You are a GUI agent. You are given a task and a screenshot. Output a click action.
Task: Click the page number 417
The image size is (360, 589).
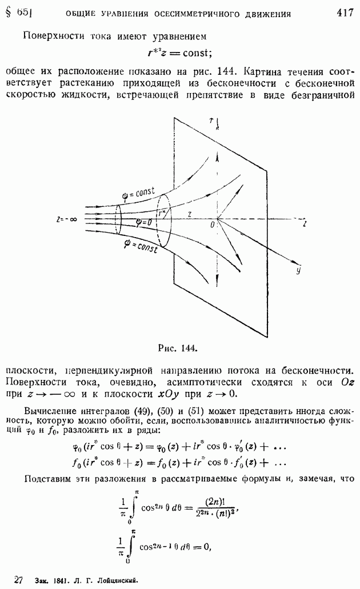click(x=345, y=13)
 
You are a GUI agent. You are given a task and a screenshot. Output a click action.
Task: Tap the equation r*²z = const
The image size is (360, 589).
click(x=180, y=53)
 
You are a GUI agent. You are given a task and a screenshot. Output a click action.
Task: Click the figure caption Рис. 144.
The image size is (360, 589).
click(x=178, y=348)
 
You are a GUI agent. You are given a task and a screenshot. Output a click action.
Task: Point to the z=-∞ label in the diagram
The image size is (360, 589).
click(x=66, y=219)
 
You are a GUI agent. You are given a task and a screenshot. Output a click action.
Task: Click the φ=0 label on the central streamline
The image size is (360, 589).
click(x=143, y=222)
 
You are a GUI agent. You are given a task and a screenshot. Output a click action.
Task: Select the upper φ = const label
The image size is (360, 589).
click(x=139, y=193)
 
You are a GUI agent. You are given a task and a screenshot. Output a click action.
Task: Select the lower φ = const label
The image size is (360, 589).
click(x=140, y=246)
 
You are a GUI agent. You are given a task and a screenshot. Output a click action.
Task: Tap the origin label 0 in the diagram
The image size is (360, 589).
click(x=213, y=225)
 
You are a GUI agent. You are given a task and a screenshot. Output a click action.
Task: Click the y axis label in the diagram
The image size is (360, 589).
click(x=298, y=270)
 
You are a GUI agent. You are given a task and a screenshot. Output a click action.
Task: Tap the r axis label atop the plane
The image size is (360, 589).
click(x=212, y=120)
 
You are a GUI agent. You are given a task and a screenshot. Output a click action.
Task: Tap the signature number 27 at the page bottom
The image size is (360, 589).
click(x=18, y=580)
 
